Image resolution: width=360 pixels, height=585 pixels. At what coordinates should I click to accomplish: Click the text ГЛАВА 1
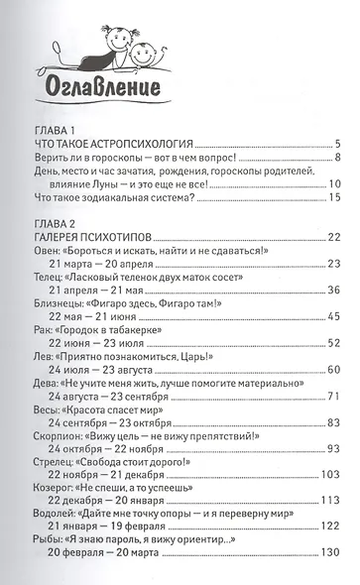(55, 128)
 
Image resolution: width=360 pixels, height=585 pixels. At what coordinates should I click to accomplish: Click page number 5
(338, 144)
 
